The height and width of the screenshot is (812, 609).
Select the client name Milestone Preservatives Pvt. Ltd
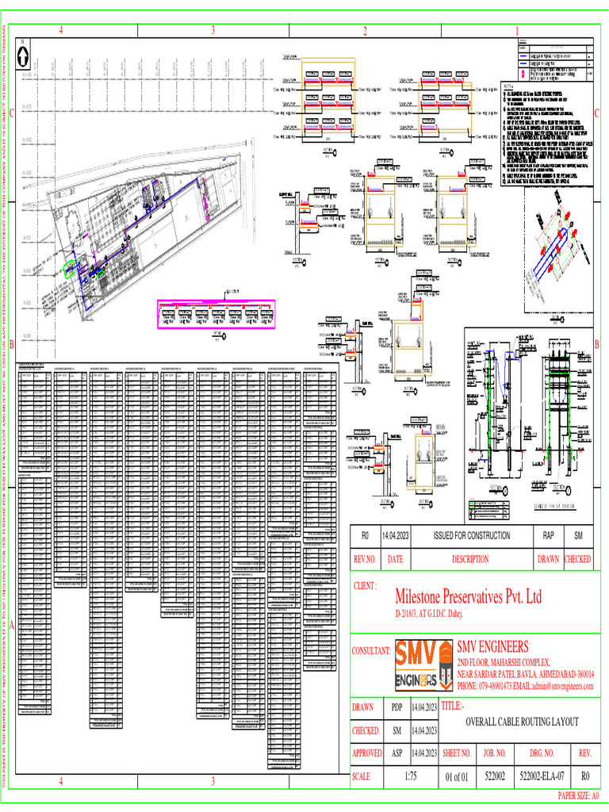468,596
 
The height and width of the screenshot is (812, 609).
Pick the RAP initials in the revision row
548,536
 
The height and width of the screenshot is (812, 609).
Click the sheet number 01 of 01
457,776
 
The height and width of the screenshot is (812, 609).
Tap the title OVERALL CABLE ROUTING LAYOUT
521,721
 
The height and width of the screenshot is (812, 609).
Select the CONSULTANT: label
371,651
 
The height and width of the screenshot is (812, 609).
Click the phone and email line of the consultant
524,684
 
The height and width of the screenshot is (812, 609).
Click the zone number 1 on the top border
516,31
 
